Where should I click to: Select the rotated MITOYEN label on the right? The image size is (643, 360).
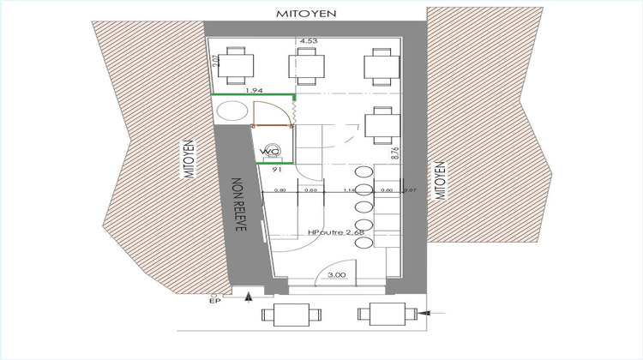click(442, 179)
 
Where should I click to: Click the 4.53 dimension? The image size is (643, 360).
click(309, 40)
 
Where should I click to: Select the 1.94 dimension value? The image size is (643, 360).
click(253, 89)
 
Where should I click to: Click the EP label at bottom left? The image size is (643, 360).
click(215, 300)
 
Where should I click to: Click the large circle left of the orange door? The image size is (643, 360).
click(231, 112)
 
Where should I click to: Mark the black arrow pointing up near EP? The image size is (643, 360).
click(249, 297)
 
